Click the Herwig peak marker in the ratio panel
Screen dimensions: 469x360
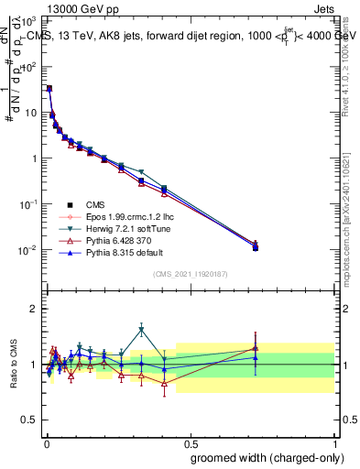tap(141, 330)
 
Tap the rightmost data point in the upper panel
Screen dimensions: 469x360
tap(256, 247)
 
